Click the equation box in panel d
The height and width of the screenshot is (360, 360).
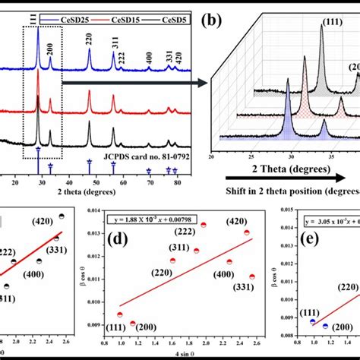click(158, 213)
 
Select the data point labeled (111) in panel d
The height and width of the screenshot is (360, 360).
click(120, 314)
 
